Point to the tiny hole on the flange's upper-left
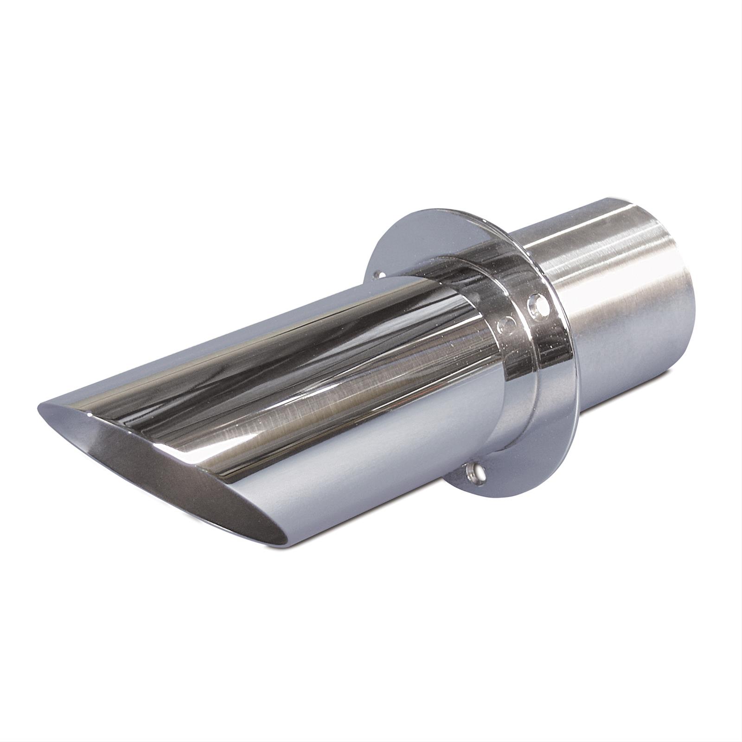pos(381,275)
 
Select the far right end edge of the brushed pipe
pos(691,306)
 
